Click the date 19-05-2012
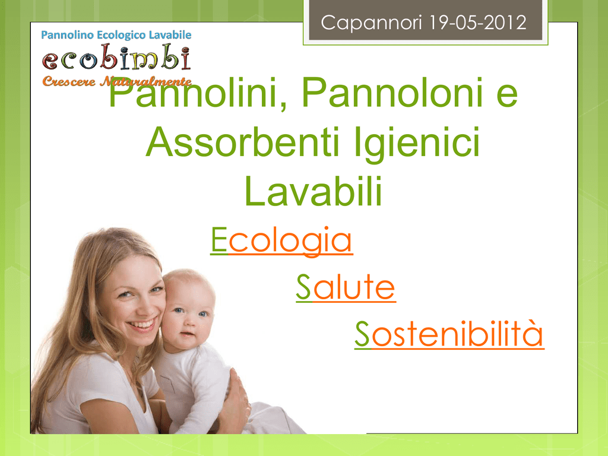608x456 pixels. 478,23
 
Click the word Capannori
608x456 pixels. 371,23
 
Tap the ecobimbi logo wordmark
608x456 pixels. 116,58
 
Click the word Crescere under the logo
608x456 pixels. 69,81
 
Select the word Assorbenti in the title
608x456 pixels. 243,142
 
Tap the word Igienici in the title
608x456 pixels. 417,144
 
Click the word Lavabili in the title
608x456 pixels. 313,191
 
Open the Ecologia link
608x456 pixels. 281,241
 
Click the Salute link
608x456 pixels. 346,287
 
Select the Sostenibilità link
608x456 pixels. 449,334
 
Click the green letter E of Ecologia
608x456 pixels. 218,240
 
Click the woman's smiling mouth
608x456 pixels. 142,325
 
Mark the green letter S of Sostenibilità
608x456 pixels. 363,334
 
